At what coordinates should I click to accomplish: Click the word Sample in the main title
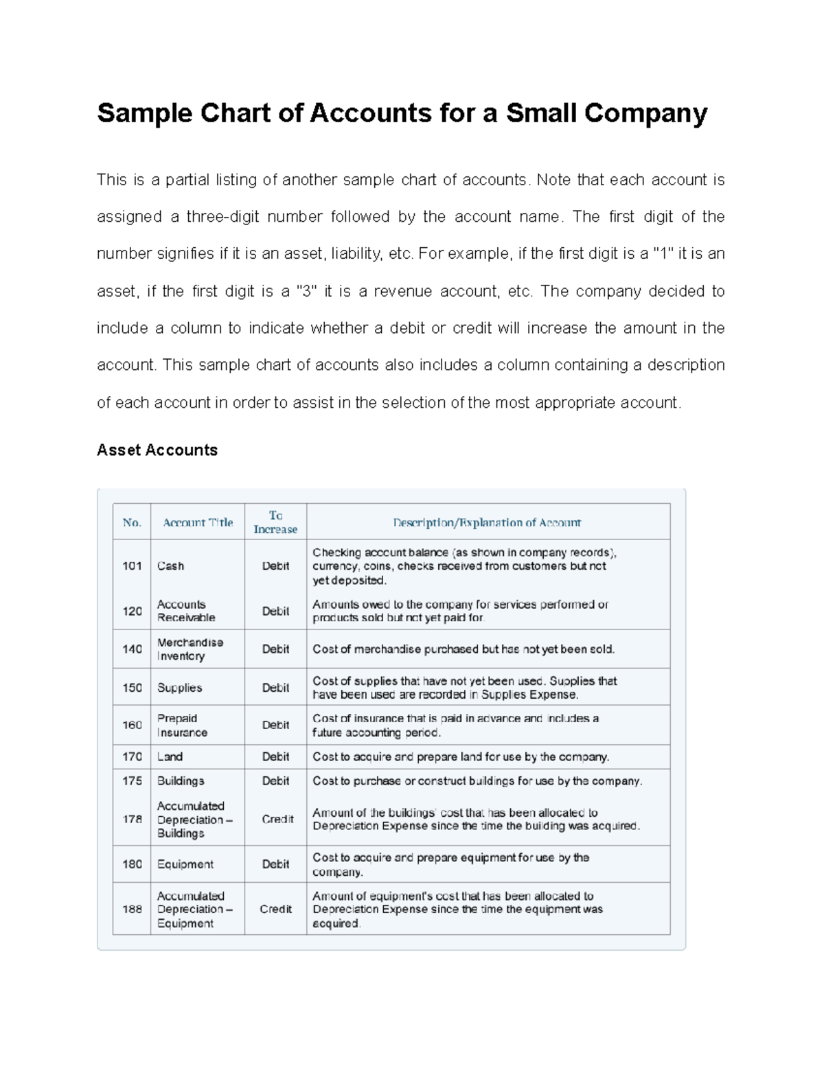point(144,113)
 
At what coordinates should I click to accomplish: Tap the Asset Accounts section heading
point(157,450)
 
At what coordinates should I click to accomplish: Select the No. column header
point(132,523)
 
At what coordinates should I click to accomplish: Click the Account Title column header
point(198,523)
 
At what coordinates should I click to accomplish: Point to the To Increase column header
point(275,522)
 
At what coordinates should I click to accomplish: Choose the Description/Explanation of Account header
point(487,523)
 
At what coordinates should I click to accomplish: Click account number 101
point(132,566)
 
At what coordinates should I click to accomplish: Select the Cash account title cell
point(170,566)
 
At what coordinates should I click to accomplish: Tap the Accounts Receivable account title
point(185,611)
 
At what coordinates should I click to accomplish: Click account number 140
point(132,649)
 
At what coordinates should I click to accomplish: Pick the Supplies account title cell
point(179,688)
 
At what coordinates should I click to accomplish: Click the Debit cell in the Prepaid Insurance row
point(275,726)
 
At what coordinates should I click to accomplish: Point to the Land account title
point(170,757)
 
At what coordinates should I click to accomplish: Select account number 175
point(132,781)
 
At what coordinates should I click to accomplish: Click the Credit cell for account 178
point(277,820)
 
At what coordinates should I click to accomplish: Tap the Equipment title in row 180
point(185,865)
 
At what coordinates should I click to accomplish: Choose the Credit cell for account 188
point(275,909)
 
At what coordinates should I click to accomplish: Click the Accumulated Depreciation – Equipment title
point(194,909)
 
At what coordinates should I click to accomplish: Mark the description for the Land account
point(461,757)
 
